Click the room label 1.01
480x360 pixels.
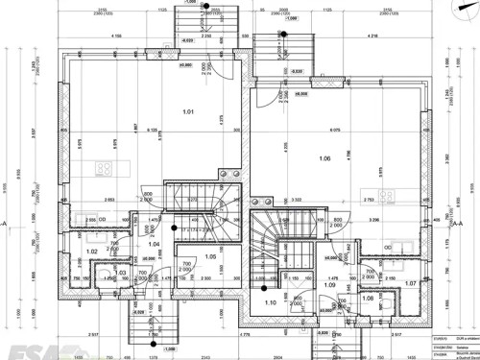(188, 112)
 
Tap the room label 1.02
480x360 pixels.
(92, 252)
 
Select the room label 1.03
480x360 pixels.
(121, 274)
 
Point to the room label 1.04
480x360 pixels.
(153, 245)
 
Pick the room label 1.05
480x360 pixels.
(211, 257)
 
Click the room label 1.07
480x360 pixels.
(410, 283)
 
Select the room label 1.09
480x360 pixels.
(328, 285)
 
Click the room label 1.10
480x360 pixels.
(271, 303)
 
